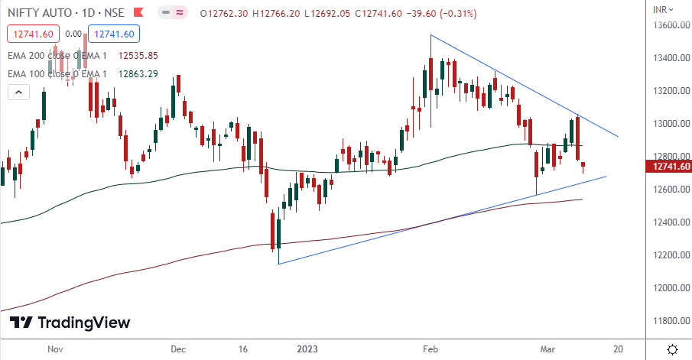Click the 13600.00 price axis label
tap(666, 25)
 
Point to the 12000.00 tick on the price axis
tap(666, 288)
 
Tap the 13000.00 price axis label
tap(666, 124)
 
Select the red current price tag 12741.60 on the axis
tap(668, 167)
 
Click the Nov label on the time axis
tap(54, 349)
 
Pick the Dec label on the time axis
tap(178, 349)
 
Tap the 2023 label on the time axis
tap(307, 349)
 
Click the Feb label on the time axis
tap(430, 349)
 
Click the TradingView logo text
tap(83, 323)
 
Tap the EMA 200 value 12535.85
tap(138, 56)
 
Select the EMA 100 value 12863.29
tap(138, 73)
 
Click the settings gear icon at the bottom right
tap(671, 349)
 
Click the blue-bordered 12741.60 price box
tap(112, 34)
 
